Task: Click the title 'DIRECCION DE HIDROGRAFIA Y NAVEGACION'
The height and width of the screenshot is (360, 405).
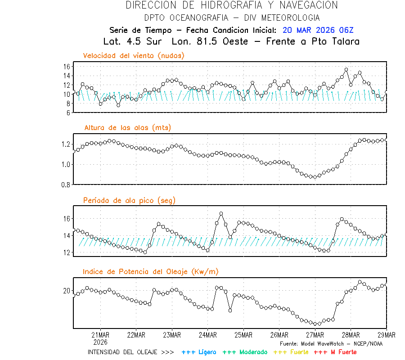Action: (232, 5)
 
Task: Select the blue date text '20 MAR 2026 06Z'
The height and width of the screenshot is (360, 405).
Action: (318, 30)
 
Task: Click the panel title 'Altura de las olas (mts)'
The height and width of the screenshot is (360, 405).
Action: (128, 128)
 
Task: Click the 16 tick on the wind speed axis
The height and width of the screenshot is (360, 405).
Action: (66, 66)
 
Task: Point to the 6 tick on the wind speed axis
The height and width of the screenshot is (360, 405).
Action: (67, 112)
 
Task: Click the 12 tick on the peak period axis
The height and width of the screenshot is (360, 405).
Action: (66, 252)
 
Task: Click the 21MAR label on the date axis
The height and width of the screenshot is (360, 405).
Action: (100, 335)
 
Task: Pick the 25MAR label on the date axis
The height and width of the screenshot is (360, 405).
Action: (243, 335)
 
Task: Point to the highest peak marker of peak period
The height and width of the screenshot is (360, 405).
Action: (221, 214)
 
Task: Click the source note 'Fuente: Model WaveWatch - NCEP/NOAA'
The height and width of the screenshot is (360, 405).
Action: (331, 344)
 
